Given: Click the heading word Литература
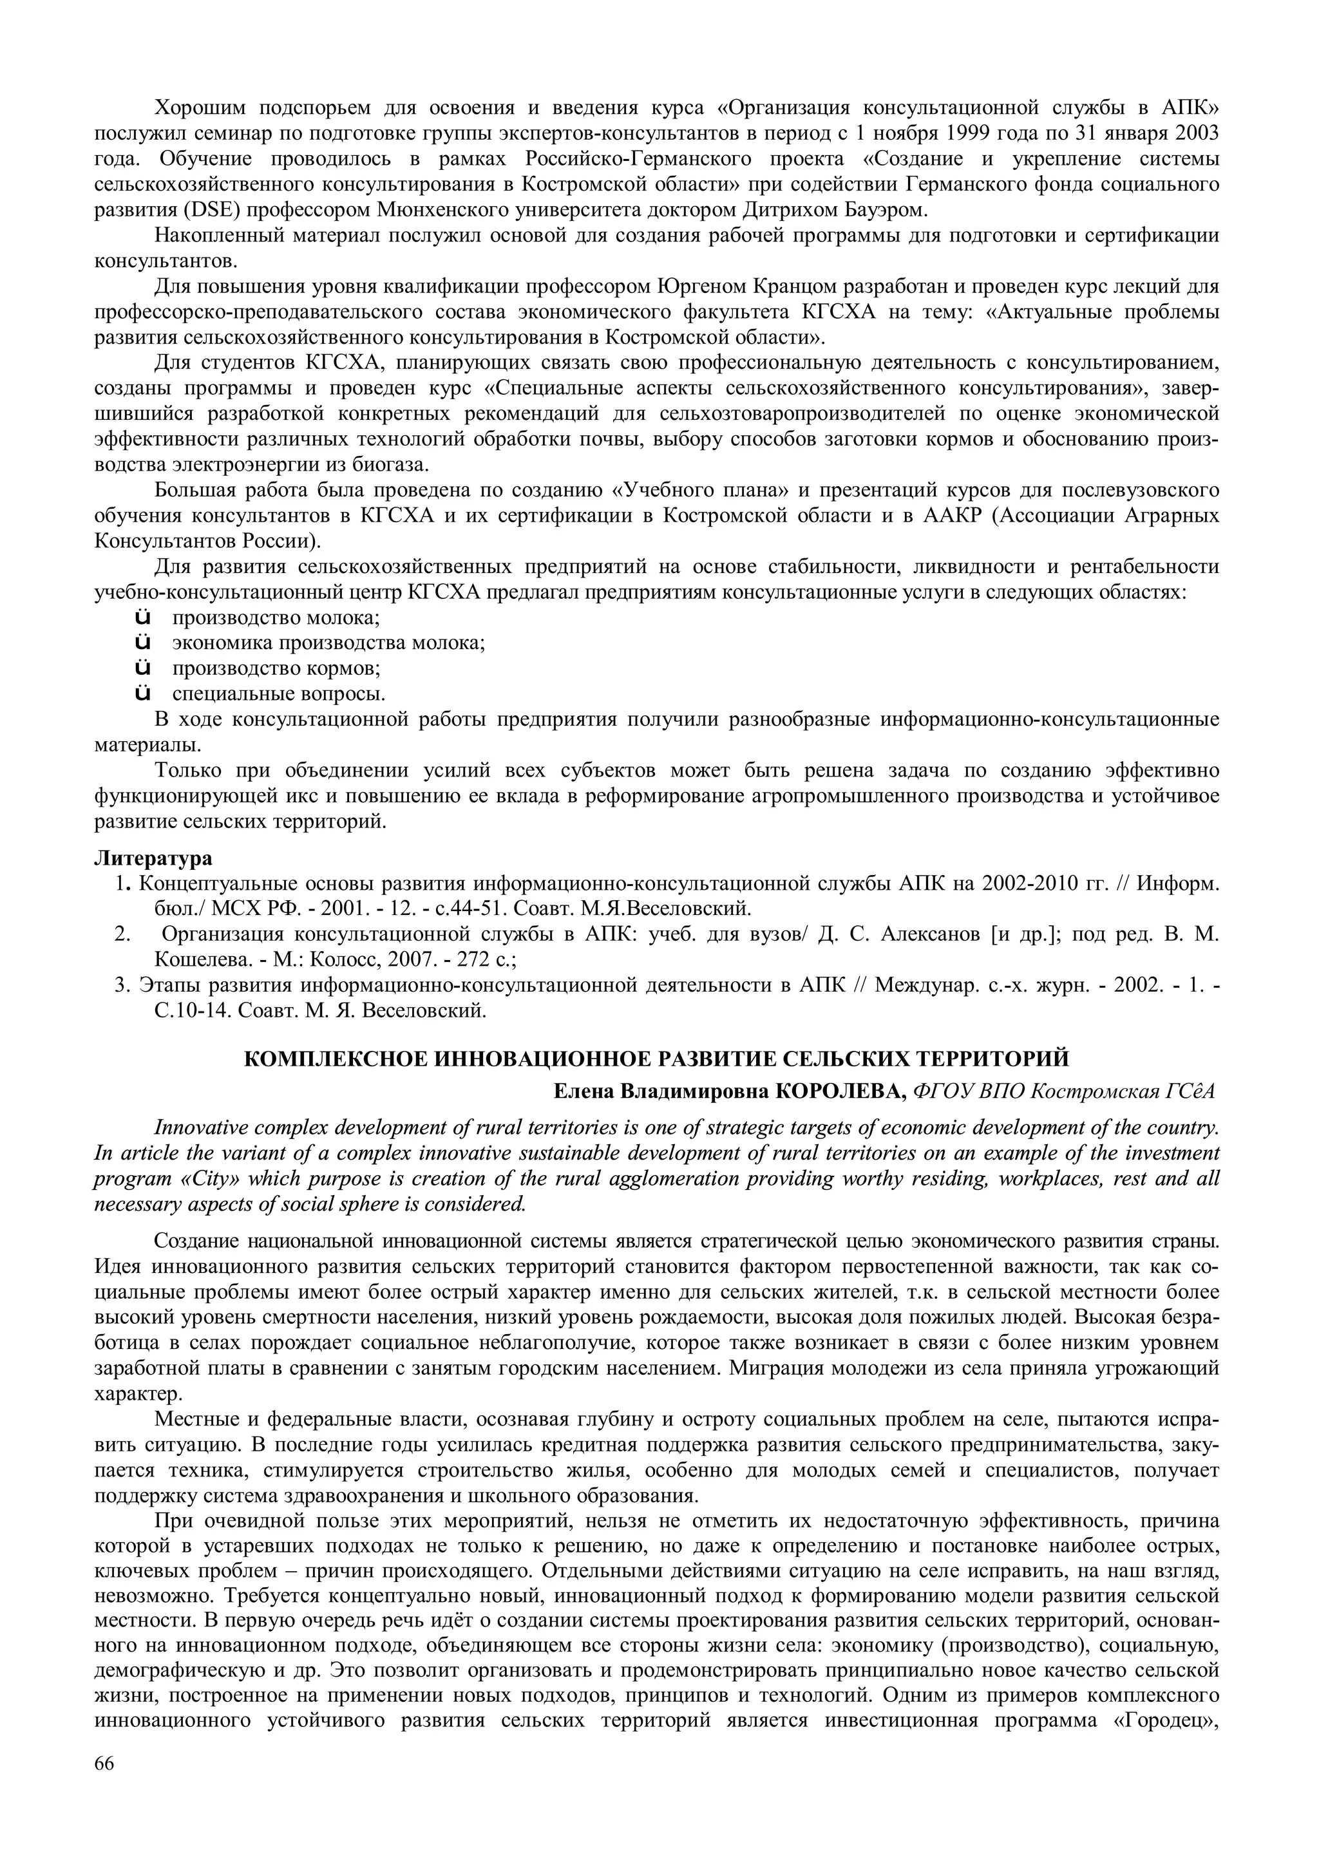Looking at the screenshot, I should coord(153,858).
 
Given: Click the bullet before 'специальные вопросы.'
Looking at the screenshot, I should coord(142,694).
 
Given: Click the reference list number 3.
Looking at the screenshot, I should coord(122,985).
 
